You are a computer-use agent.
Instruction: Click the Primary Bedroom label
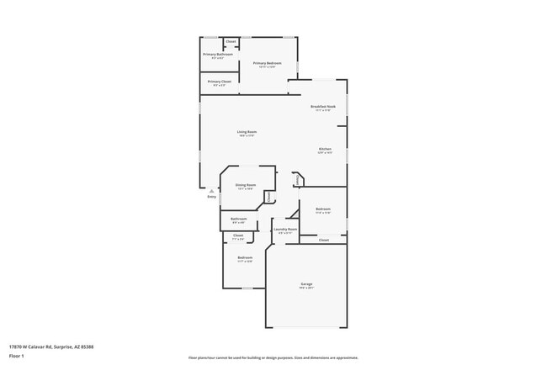266,63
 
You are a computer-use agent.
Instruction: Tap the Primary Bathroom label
217,55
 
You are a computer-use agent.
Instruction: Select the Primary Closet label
220,82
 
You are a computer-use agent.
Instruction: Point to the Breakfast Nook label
322,107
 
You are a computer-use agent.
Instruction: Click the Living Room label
246,132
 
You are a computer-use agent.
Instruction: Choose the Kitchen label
325,151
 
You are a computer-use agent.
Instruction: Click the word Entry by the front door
211,197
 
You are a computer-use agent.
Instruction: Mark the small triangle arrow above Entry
211,191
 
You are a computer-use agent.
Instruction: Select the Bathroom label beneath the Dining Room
238,219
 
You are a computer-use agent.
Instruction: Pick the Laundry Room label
285,230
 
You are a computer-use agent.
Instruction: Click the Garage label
306,284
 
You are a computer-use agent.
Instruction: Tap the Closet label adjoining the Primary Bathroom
231,41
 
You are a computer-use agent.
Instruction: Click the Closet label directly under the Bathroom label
238,235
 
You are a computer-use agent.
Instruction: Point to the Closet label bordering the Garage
323,240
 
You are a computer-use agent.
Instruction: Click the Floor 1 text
17,356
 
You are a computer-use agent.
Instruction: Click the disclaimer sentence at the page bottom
273,357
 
